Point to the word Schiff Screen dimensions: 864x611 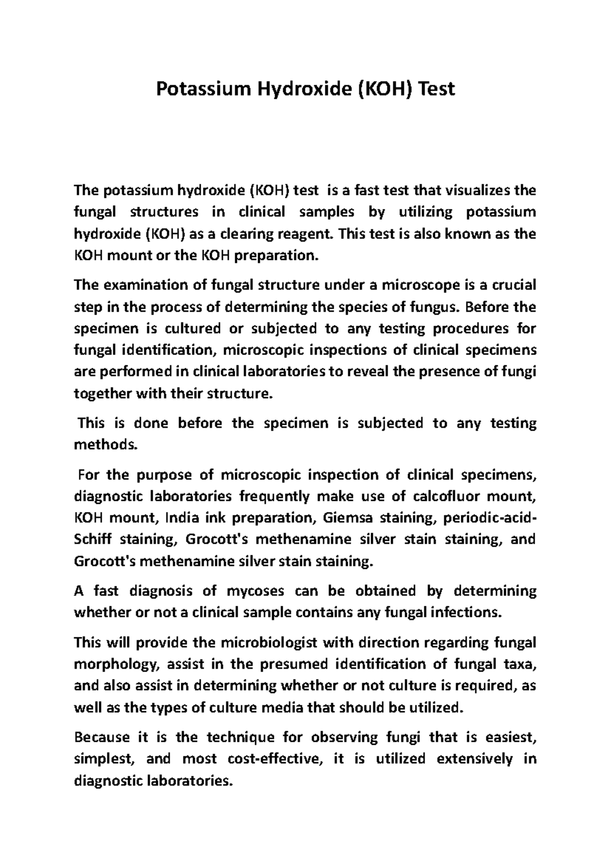point(89,539)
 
